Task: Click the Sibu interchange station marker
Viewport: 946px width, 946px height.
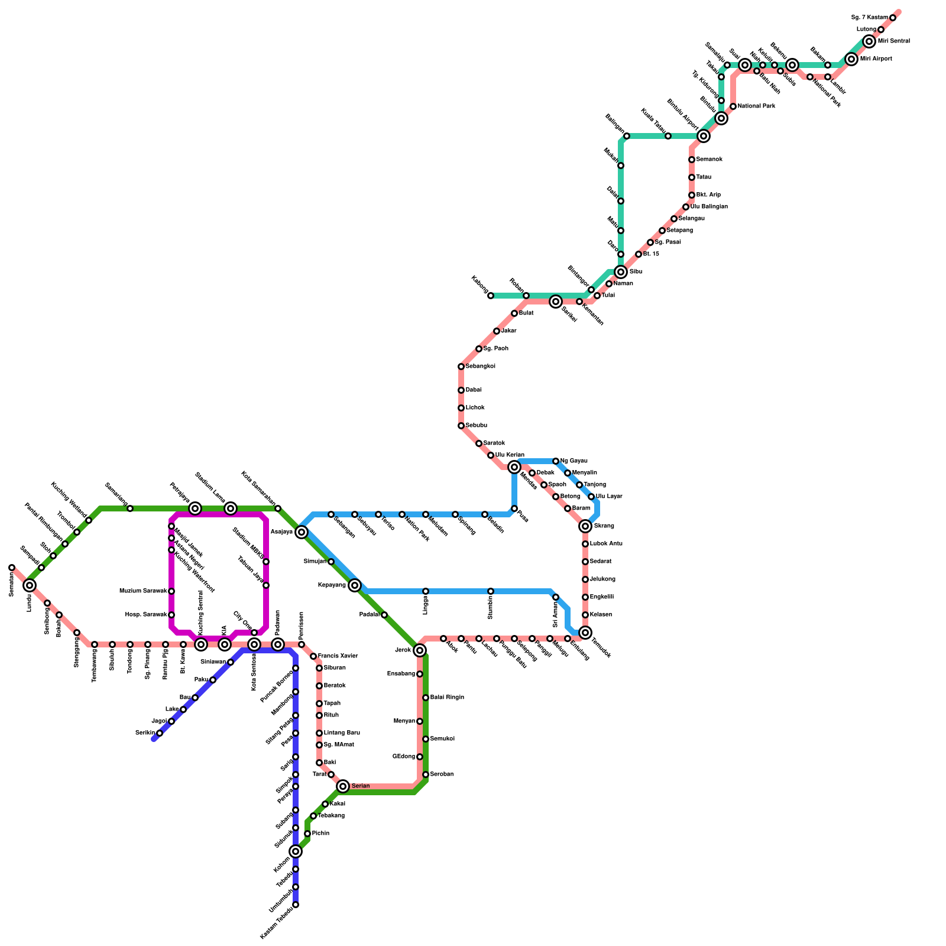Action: tap(621, 272)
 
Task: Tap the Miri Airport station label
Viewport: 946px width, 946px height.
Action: tap(876, 59)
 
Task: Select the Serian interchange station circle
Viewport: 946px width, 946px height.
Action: tap(343, 786)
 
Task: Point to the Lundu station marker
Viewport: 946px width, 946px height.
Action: tap(30, 585)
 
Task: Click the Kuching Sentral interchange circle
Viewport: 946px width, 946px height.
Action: tap(201, 644)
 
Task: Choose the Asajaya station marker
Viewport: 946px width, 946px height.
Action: tap(302, 532)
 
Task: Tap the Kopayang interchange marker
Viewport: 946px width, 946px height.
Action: tap(355, 585)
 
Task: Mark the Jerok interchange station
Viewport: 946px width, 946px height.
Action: tap(420, 650)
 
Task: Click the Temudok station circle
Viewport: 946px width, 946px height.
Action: tap(585, 633)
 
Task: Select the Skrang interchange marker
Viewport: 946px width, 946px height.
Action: tap(585, 526)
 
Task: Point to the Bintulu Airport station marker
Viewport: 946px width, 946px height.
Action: tap(704, 136)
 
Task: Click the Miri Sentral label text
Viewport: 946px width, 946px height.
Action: tap(893, 41)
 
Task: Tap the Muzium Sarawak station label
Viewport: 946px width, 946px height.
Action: tap(143, 591)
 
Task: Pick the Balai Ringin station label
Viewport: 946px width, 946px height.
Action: tap(447, 698)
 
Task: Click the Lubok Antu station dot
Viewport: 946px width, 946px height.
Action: tap(585, 544)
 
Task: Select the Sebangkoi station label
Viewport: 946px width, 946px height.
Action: tap(480, 367)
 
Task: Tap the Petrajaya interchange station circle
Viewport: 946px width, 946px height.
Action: tap(195, 508)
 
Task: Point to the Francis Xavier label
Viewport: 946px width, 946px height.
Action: tap(338, 656)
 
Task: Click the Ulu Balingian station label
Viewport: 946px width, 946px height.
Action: tap(709, 207)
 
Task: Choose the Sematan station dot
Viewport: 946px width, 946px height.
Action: tap(12, 568)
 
